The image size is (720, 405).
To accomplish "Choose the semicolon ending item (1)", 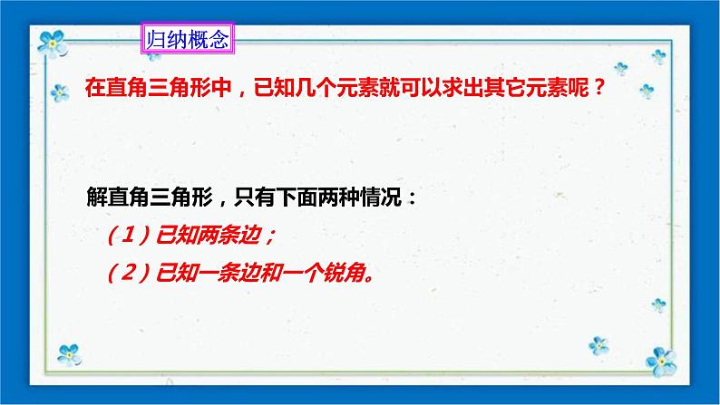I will coord(272,237).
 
